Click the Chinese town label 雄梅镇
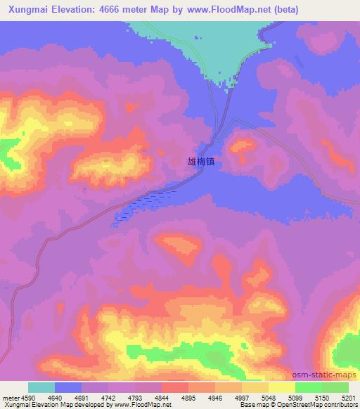pyautogui.click(x=201, y=162)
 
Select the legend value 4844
pyautogui.click(x=162, y=397)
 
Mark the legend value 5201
pyautogui.click(x=348, y=397)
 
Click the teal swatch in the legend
pyautogui.click(x=41, y=387)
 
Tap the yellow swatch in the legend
pyautogui.click(x=282, y=387)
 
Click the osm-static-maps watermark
pyautogui.click(x=324, y=377)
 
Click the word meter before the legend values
pyautogui.click(x=9, y=397)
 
